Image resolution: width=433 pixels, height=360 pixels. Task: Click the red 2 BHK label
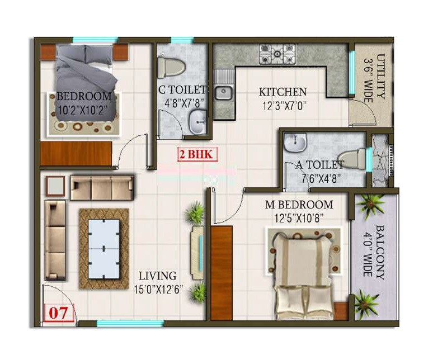(x=195, y=155)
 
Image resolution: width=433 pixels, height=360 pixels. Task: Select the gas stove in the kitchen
(x=277, y=54)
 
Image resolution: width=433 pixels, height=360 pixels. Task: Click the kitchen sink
(x=224, y=93)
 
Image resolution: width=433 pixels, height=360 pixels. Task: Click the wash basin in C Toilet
(x=197, y=122)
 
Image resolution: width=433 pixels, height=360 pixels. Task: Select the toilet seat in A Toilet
(x=352, y=159)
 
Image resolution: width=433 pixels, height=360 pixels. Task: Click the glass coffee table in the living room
(x=104, y=249)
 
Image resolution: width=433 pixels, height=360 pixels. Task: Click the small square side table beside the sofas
(x=55, y=186)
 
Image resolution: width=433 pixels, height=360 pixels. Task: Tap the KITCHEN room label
(x=283, y=92)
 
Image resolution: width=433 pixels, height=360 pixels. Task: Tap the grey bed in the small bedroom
(x=87, y=84)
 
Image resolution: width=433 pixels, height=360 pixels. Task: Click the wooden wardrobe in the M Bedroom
(x=222, y=273)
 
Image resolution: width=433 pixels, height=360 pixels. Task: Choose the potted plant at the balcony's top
(x=370, y=205)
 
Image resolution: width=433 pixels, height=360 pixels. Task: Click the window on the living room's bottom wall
(x=130, y=323)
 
